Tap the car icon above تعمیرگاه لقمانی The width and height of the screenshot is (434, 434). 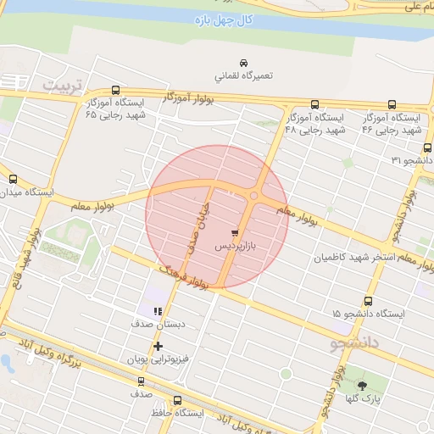pos(243,63)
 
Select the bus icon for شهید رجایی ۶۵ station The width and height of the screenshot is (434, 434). pos(115,90)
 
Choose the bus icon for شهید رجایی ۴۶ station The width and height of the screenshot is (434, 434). pos(392,102)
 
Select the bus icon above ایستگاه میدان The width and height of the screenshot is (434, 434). pos(13,179)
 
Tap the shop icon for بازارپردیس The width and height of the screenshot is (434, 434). pos(234,231)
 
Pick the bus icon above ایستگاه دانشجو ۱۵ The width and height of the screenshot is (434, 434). pos(368,301)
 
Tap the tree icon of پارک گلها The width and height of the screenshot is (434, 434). pos(362,386)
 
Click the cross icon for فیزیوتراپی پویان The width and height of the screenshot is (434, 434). pos(158,346)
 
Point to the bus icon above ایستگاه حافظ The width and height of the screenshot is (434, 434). pos(177,400)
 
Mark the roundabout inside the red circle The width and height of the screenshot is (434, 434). pos(253,197)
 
